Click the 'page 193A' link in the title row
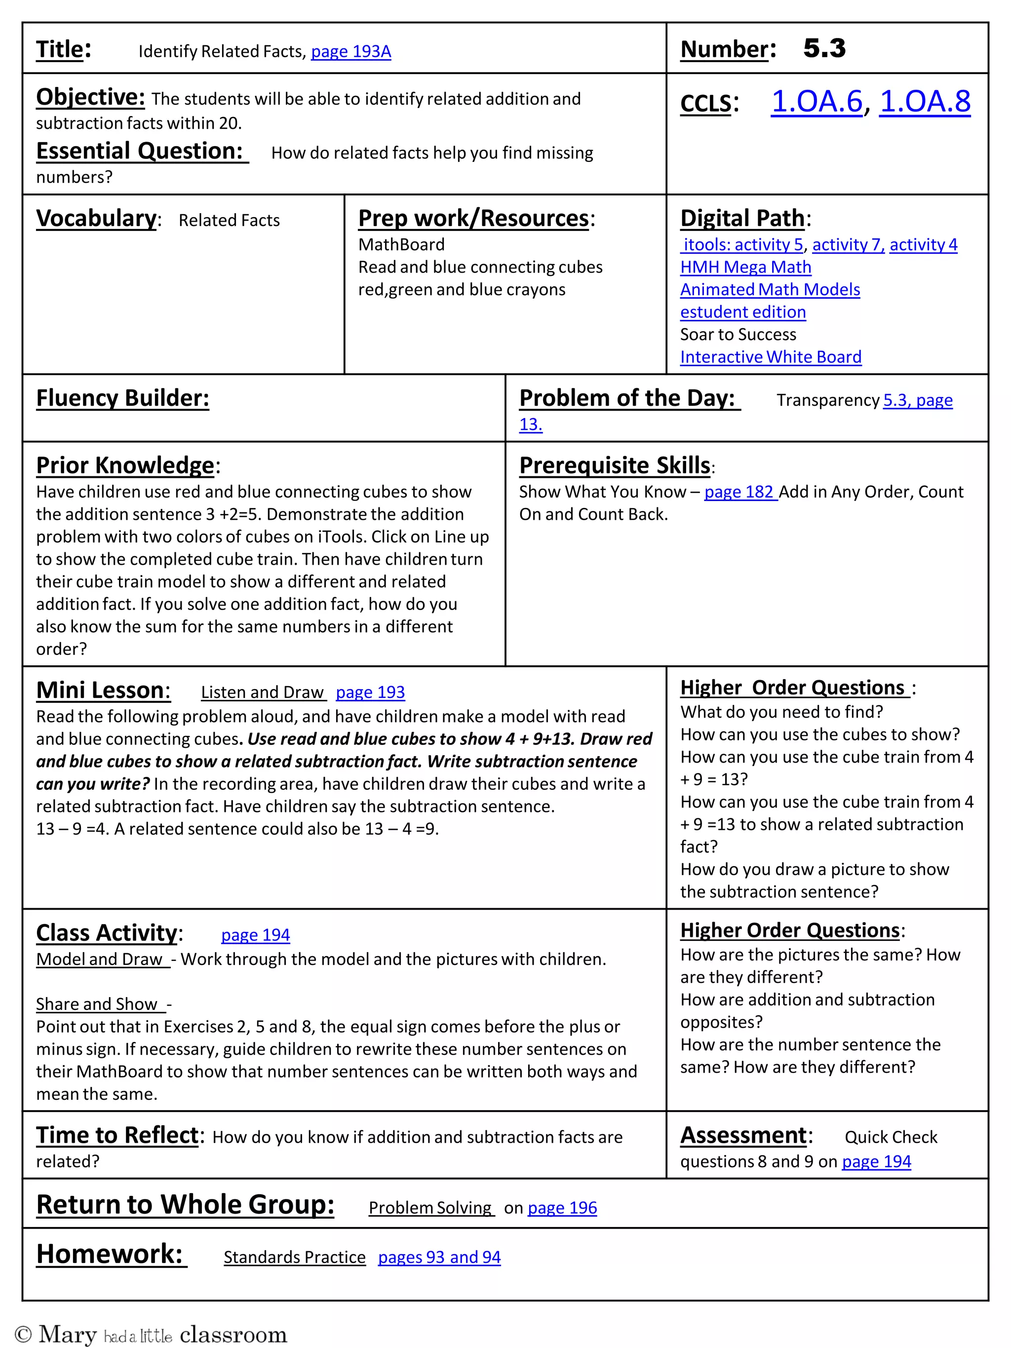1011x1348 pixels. [350, 52]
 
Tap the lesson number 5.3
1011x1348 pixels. [824, 49]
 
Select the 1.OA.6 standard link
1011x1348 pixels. [817, 101]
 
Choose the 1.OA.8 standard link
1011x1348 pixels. [925, 101]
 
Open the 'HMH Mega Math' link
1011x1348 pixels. [745, 267]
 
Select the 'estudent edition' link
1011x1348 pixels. [742, 312]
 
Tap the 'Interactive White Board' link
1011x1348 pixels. [770, 357]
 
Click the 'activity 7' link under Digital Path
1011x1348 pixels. [847, 245]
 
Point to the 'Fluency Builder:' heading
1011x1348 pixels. [122, 398]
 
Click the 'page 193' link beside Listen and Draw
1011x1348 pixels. [370, 693]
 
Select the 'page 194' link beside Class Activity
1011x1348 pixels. [255, 935]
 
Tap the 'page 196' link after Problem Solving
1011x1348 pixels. [562, 1208]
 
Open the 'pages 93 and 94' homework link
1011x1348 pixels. [439, 1257]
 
